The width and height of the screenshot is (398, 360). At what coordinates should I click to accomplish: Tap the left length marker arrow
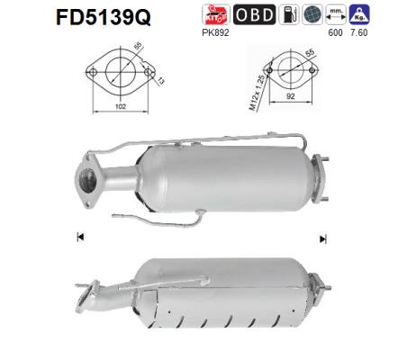coord(81,237)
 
